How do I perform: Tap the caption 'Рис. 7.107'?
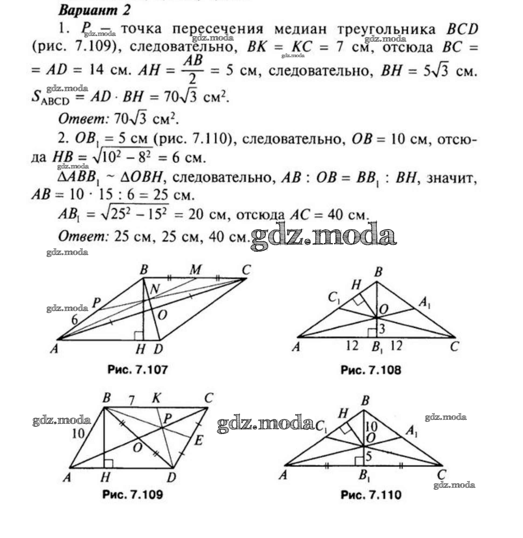coord(137,370)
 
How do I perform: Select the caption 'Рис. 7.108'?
coord(371,370)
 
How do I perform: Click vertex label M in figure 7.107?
coord(195,270)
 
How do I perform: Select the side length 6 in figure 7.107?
coord(74,320)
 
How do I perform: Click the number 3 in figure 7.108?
coord(382,329)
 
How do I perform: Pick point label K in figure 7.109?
coord(156,398)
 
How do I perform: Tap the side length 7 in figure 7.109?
coord(132,401)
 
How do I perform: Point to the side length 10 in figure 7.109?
coord(78,433)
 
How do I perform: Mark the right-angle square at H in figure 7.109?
coord(108,463)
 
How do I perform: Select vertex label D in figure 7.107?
coord(159,349)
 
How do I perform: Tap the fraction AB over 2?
coord(193,70)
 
